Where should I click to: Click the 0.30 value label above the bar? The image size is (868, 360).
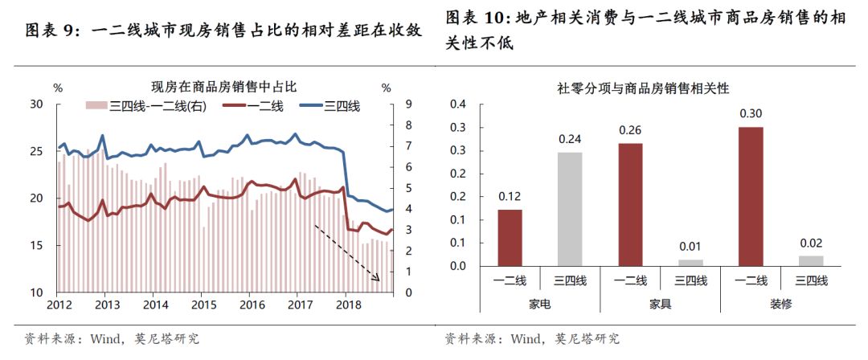(750, 113)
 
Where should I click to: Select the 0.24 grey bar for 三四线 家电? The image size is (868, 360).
(570, 209)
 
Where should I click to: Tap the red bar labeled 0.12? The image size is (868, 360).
(510, 238)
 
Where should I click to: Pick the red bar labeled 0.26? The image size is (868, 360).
(630, 205)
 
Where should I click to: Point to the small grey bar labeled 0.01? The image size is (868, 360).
(690, 263)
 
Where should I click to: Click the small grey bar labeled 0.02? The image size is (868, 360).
(811, 261)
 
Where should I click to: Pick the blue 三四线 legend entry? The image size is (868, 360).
(331, 105)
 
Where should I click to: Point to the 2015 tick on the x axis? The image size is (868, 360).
(204, 305)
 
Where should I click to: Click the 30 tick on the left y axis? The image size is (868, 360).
(37, 104)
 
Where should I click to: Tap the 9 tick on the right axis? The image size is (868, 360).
(387, 104)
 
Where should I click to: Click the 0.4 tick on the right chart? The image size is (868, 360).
(457, 104)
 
